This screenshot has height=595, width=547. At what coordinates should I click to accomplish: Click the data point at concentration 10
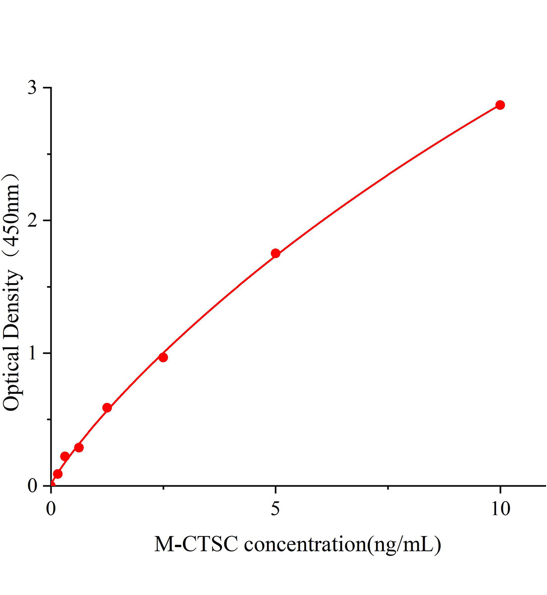coord(500,105)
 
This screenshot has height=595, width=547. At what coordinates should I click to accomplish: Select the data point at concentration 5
coord(275,253)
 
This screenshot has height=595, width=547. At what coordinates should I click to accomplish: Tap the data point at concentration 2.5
coord(163,357)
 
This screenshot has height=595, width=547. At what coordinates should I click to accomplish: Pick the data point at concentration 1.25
coord(107,408)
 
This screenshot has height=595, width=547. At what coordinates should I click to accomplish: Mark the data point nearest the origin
coord(58,474)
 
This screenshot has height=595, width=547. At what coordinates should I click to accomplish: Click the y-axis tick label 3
coord(33,88)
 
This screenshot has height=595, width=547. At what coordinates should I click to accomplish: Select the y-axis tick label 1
coord(33,353)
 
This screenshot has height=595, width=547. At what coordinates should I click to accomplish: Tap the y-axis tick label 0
coord(33,485)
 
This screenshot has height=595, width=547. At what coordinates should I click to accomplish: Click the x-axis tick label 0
coord(51,510)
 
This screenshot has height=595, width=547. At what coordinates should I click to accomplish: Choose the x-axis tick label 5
coord(275,510)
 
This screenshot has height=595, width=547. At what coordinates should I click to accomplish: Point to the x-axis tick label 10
coord(500,510)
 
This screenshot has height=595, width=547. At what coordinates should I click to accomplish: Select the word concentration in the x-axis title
coord(304,545)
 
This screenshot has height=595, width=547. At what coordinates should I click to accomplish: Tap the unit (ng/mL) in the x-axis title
coord(403,545)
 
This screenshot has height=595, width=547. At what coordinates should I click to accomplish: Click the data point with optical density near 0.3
coord(79,447)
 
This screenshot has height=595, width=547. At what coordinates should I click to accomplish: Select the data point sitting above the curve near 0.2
coord(65,456)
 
